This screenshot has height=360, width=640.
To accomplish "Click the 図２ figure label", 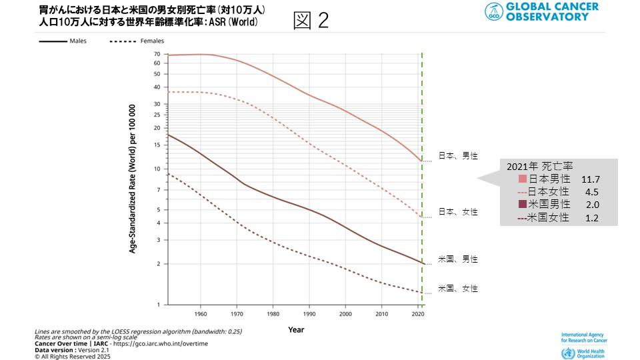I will coord(311,21).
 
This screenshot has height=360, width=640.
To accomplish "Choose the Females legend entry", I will coord(152,41).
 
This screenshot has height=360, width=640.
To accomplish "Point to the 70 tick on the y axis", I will coord(157,54).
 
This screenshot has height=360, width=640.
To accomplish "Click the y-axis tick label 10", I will coord(157,169).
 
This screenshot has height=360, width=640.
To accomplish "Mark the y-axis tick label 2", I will coord(159,264).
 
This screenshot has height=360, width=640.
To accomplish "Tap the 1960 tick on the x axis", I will coord(199,313).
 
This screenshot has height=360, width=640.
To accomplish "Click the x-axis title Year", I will coord(297,329).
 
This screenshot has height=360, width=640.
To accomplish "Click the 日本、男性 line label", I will coord(457,156).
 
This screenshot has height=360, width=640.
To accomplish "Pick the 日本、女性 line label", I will coord(457,212).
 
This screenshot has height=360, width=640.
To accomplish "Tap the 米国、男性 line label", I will coord(457,259).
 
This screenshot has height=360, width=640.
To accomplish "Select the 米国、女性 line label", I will coord(457,289).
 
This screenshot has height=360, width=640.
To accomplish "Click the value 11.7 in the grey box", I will coord(591,179).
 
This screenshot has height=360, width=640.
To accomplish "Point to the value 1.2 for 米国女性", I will coord(592,218).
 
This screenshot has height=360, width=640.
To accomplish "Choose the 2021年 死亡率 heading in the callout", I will coord(541,167).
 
